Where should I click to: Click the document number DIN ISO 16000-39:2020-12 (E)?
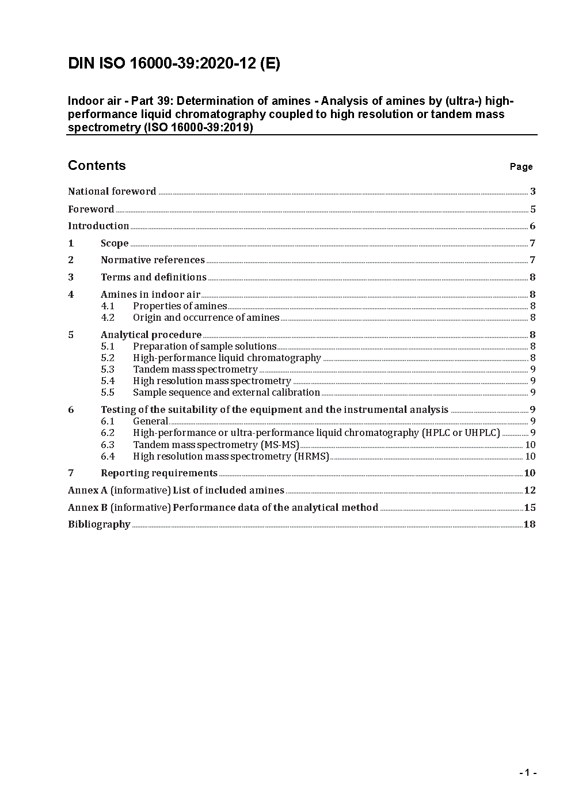pyautogui.click(x=174, y=64)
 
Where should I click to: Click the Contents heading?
pyautogui.click(x=97, y=166)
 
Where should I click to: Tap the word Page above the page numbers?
pyautogui.click(x=521, y=167)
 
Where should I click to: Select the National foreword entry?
pyautogui.click(x=112, y=192)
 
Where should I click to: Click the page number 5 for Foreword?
pyautogui.click(x=533, y=210)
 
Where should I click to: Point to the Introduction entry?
pyautogui.click(x=98, y=226)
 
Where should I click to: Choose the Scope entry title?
pyautogui.click(x=115, y=244)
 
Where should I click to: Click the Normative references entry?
pyautogui.click(x=153, y=260)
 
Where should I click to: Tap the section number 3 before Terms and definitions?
pyautogui.click(x=71, y=278)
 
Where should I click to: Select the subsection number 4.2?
pyautogui.click(x=108, y=318)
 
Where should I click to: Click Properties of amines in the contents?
pyautogui.click(x=180, y=306)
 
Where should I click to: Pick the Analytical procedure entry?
pyautogui.click(x=151, y=335)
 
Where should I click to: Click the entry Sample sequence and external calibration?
pyautogui.click(x=226, y=393)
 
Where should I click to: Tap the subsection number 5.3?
pyautogui.click(x=108, y=370)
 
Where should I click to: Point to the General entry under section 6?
pyautogui.click(x=150, y=422)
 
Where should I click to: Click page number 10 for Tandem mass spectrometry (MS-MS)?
pyautogui.click(x=530, y=445)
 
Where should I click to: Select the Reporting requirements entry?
pyautogui.click(x=159, y=473)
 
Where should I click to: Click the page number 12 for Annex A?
pyautogui.click(x=530, y=491)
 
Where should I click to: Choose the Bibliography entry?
pyautogui.click(x=99, y=525)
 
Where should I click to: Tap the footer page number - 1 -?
pyautogui.click(x=528, y=773)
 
